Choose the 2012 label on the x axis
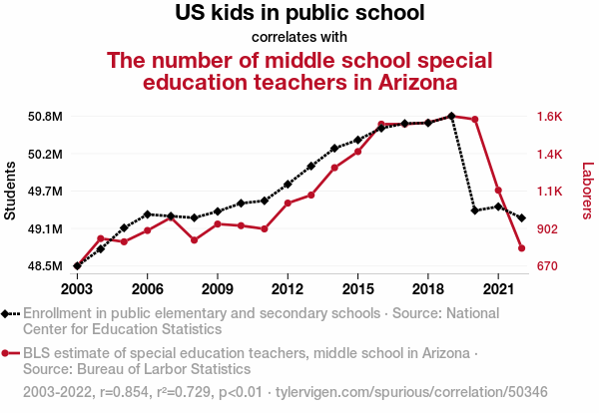click(287, 288)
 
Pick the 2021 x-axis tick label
click(497, 288)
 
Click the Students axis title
click(11, 190)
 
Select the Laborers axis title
click(587, 192)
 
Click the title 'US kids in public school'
click(299, 14)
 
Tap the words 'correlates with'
click(299, 37)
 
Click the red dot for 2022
click(521, 247)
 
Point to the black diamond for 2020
click(474, 210)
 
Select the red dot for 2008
click(194, 240)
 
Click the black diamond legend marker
click(10, 313)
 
